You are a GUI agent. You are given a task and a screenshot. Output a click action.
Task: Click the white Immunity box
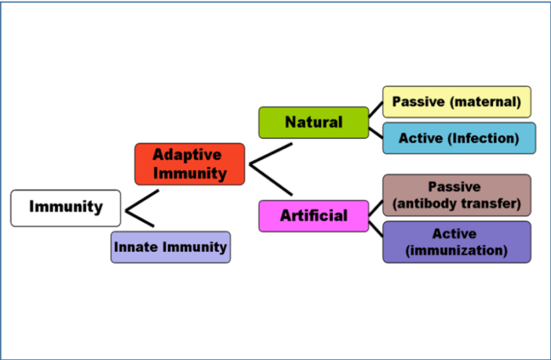(66, 208)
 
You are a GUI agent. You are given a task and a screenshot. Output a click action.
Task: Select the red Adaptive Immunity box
(189, 164)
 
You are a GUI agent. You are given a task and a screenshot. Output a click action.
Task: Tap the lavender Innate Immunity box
(170, 247)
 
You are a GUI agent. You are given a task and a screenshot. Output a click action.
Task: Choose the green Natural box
(313, 122)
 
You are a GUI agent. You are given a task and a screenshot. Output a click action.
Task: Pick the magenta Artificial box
(313, 216)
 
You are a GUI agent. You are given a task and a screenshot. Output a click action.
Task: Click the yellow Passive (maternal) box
(456, 102)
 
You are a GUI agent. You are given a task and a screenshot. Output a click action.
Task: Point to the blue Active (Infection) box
(459, 138)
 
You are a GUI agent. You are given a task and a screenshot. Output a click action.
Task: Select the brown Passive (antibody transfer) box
(456, 196)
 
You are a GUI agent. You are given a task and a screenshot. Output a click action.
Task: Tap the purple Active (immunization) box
(456, 242)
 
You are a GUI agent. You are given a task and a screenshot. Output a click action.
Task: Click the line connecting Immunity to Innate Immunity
(140, 218)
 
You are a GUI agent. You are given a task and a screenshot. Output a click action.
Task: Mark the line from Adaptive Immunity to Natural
(271, 154)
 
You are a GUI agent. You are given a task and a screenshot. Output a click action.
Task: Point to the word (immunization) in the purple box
(456, 251)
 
